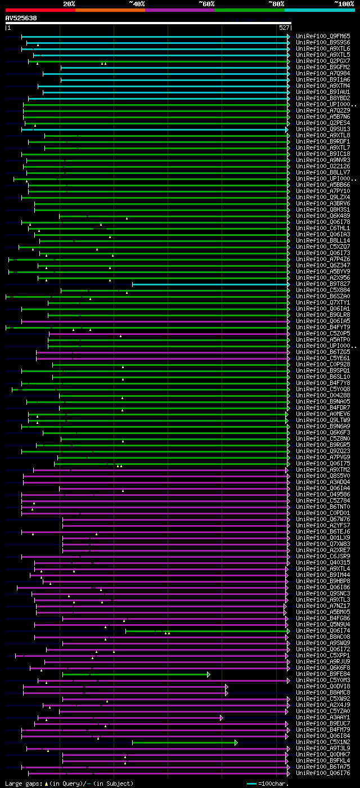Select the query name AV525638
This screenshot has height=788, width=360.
[21, 18]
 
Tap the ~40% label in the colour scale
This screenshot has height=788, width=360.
[137, 4]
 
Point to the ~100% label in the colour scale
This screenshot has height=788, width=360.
[344, 4]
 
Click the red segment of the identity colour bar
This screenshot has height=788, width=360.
[40, 10]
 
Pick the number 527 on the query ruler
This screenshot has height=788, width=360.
[283, 28]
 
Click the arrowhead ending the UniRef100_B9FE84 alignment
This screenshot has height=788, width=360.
[209, 674]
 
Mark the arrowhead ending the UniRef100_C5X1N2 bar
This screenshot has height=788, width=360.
[236, 742]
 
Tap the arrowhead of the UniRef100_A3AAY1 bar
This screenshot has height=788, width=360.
[222, 718]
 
